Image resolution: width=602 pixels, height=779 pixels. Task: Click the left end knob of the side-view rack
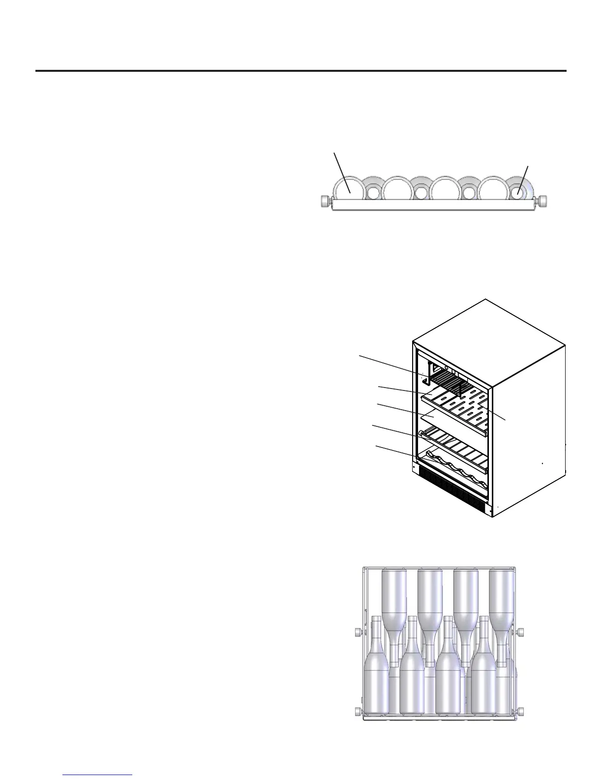point(325,202)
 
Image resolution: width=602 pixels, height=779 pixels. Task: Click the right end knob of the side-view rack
point(543,202)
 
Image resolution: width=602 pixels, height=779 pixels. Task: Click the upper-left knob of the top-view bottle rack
point(358,632)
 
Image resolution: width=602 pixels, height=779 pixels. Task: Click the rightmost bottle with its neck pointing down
point(502,610)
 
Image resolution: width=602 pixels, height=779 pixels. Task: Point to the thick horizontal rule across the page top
point(301,71)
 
